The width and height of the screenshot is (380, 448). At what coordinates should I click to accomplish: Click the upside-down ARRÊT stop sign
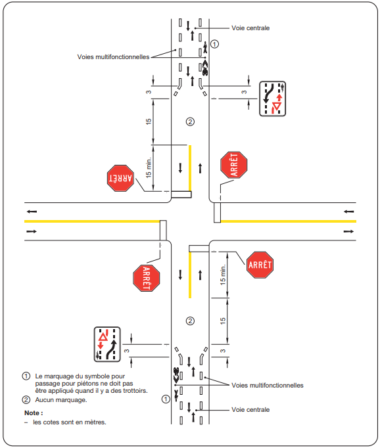click(x=120, y=178)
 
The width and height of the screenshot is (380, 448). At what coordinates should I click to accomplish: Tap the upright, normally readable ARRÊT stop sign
click(x=260, y=265)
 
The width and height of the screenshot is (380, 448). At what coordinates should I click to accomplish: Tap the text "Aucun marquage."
click(x=61, y=399)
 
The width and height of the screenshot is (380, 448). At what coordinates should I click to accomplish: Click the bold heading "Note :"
click(x=34, y=413)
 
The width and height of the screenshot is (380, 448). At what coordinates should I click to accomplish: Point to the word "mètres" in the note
click(x=96, y=422)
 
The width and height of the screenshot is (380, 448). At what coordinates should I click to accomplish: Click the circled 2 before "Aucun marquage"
click(x=26, y=399)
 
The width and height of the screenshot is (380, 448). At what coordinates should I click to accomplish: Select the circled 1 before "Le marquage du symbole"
click(x=26, y=376)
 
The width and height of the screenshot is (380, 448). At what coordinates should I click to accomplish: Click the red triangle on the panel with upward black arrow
click(x=103, y=337)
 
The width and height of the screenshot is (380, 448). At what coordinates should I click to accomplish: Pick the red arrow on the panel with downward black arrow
click(x=279, y=97)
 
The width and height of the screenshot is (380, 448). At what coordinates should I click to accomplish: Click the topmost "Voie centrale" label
click(x=250, y=28)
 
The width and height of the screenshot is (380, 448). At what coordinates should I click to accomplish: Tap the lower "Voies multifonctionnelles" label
click(x=268, y=385)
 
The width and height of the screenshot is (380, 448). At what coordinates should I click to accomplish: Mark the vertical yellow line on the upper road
click(x=190, y=168)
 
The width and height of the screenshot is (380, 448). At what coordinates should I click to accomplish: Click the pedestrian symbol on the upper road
click(x=205, y=47)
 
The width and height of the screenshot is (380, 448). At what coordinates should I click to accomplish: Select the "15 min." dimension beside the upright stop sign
click(x=223, y=275)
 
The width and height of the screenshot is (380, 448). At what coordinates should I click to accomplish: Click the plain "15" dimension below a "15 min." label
click(x=223, y=321)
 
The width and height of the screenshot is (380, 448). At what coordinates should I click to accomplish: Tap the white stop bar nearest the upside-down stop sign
click(x=181, y=194)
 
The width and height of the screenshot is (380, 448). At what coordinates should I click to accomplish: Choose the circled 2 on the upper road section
click(x=190, y=122)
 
